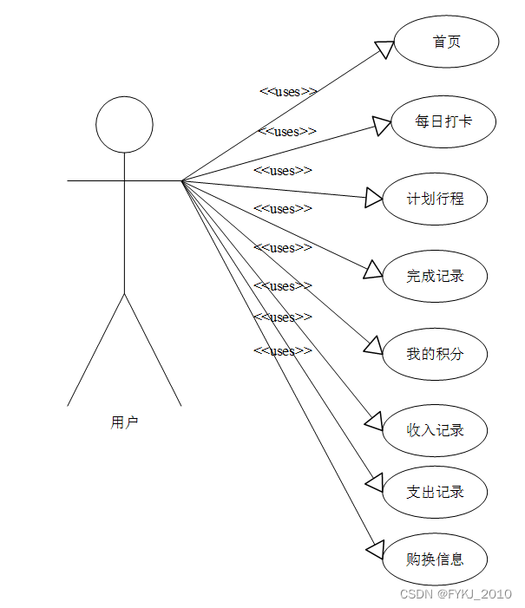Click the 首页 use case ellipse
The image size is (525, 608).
coord(446,42)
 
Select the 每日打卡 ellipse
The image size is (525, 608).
coord(443,121)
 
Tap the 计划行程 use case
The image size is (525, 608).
coord(435,199)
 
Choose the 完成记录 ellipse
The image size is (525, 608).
coord(435,277)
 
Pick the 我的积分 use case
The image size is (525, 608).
coord(435,354)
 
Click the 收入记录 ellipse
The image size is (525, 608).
coord(435,430)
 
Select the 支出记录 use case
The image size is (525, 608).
coord(435,493)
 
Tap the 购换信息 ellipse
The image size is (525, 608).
coord(435,559)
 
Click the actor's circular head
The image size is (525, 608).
coord(124,125)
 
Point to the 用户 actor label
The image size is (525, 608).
coord(124,423)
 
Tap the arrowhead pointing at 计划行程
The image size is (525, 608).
coord(374,199)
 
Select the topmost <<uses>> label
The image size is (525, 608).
coord(288,92)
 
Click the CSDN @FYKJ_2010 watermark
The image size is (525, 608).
coord(456,594)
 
